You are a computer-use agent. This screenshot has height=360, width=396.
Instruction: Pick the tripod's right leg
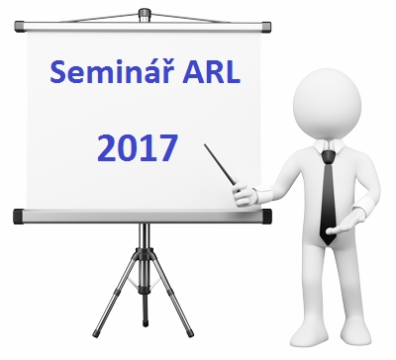pyautogui.click(x=168, y=297)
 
